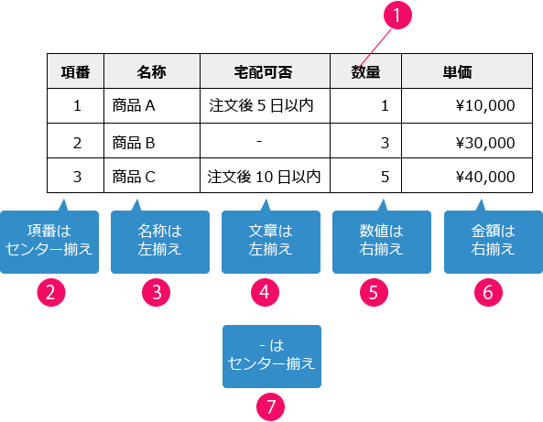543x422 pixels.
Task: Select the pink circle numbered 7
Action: [x=271, y=405]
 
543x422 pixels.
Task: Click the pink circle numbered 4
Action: [x=265, y=292]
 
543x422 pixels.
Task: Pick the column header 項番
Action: [x=76, y=70]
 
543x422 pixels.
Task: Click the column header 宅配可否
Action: [x=264, y=70]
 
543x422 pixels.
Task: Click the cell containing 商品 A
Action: [x=151, y=105]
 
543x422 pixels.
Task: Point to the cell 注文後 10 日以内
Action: [x=264, y=175]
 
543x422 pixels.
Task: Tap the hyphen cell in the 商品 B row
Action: [x=264, y=142]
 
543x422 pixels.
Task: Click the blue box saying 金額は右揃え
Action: [x=486, y=240]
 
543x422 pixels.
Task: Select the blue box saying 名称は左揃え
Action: [x=152, y=240]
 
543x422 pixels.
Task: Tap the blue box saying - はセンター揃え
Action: [x=271, y=355]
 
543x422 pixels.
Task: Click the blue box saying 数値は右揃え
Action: [x=374, y=240]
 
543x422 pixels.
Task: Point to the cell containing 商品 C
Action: [x=151, y=175]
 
